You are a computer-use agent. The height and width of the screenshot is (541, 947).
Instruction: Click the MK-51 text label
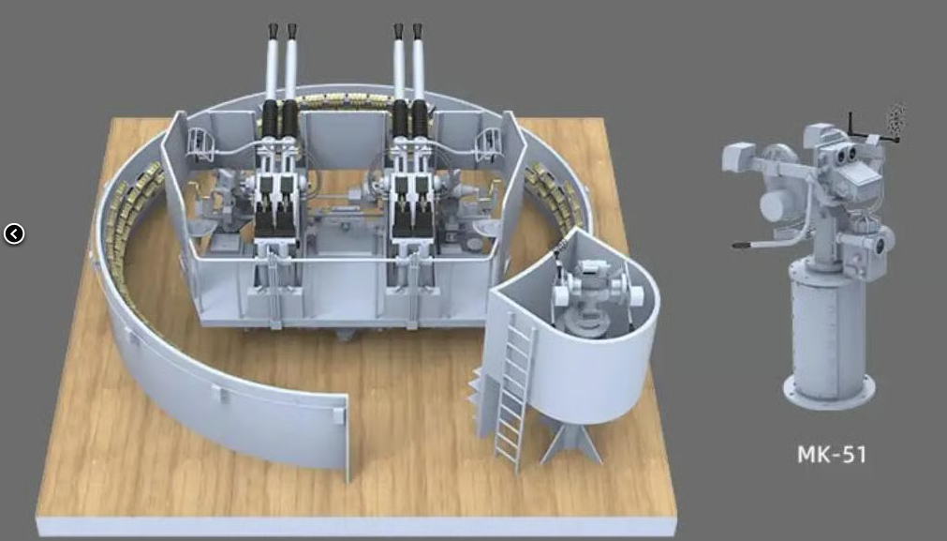(832, 454)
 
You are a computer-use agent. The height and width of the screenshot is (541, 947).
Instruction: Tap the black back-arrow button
(14, 233)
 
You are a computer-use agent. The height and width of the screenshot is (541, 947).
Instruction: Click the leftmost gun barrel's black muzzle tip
(273, 31)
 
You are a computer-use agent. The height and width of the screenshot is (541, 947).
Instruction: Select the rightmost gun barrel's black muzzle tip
(418, 31)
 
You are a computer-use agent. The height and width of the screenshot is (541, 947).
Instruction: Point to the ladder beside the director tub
(514, 391)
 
